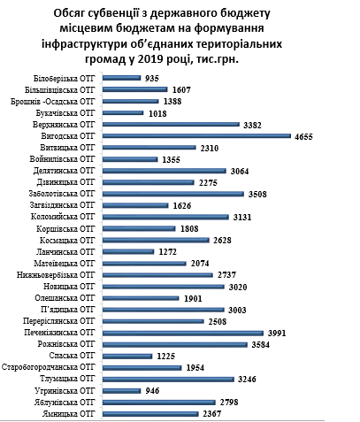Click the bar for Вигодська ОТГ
[196, 136]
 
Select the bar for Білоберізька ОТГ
[122, 78]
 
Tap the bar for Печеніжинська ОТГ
[183, 333]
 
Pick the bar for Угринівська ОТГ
[122, 391]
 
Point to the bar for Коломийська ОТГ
[165, 217]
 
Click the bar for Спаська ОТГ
[127, 356]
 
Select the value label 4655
[303, 136]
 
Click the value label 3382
[252, 125]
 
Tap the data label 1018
[157, 113]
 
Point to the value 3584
[261, 344]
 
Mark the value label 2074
[200, 263]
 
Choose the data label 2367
[212, 414]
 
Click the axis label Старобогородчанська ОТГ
[49, 367]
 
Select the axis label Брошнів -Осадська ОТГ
[53, 101]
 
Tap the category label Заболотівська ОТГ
[62, 194]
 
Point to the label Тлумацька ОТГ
[68, 379]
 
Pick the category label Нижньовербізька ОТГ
[56, 275]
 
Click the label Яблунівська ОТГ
[65, 402]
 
